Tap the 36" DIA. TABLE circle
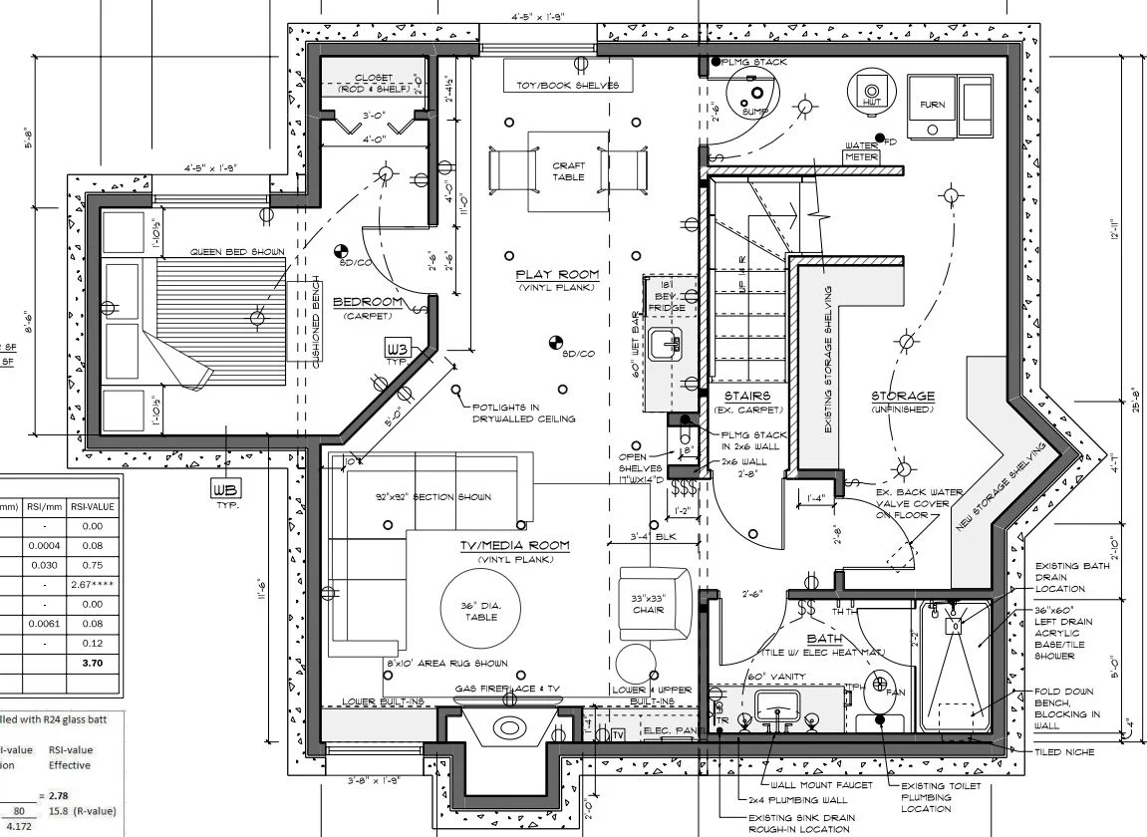click(x=481, y=610)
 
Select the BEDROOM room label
click(x=368, y=303)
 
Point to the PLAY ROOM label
click(x=557, y=275)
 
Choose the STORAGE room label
click(x=903, y=397)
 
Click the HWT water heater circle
click(x=870, y=90)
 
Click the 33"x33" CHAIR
click(x=649, y=603)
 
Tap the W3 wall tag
click(x=397, y=350)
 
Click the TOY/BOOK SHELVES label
click(x=567, y=85)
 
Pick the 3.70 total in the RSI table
click(x=93, y=663)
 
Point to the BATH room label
click(x=825, y=640)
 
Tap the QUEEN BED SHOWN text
click(x=237, y=252)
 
